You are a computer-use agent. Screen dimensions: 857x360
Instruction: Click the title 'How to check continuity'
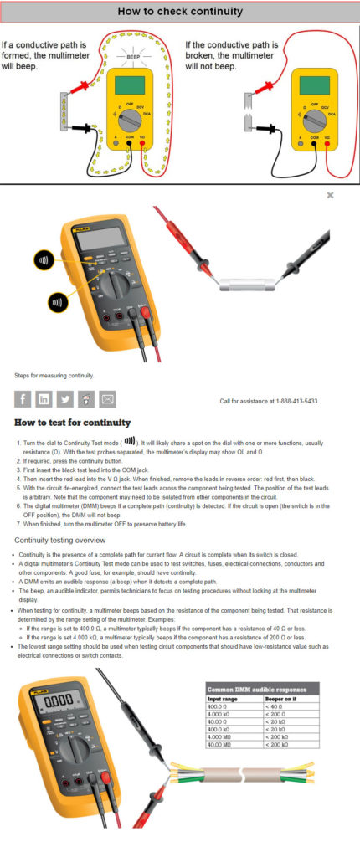[x=180, y=12]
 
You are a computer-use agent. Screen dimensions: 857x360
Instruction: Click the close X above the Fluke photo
[x=331, y=195]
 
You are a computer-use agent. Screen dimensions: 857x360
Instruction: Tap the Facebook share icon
[x=23, y=400]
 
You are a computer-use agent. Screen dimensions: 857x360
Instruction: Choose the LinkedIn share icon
[x=44, y=400]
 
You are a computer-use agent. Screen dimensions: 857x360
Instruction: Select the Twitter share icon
[x=64, y=400]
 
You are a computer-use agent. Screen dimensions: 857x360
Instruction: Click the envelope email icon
[x=107, y=400]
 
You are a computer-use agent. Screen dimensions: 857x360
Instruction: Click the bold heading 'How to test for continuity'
[x=72, y=423]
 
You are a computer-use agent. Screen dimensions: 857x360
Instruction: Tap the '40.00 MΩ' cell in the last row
[x=221, y=744]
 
